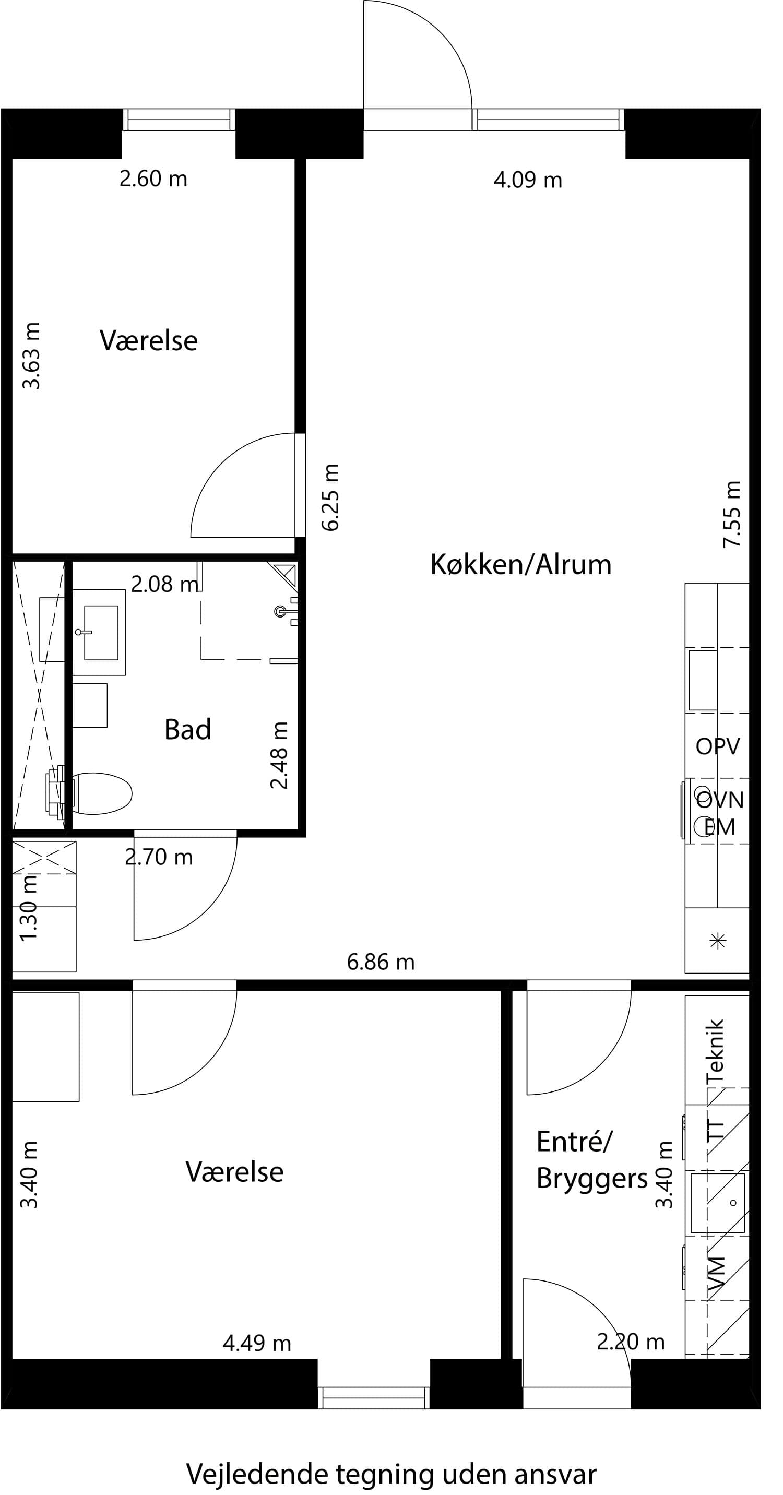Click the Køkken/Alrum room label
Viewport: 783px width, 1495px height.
tap(520, 565)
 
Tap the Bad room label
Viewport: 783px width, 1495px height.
tap(187, 730)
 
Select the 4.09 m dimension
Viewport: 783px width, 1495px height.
tap(528, 180)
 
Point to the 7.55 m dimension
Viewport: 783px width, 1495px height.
tap(732, 514)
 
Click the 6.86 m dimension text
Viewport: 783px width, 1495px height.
tap(380, 962)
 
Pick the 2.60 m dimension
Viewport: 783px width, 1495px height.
tap(153, 179)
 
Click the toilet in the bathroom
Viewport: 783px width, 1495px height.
tap(102, 793)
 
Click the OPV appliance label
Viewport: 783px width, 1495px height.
tap(717, 746)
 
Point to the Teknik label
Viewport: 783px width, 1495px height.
tap(716, 1050)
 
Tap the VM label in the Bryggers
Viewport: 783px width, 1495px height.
tap(717, 1275)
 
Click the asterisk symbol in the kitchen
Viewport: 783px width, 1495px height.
tap(718, 941)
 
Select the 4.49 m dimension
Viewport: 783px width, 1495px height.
tap(256, 1343)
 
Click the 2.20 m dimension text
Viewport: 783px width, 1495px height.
tap(631, 1342)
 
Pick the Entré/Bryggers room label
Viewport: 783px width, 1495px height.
tap(591, 1161)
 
